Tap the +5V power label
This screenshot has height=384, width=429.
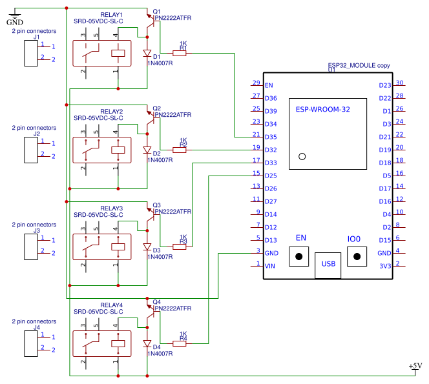(415, 366)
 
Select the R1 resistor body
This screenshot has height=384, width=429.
(179, 54)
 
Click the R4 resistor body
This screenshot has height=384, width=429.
(179, 343)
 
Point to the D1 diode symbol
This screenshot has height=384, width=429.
(147, 54)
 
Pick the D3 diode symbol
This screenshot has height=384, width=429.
(147, 247)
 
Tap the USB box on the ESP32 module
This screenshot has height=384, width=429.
(328, 264)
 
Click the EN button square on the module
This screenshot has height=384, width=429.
(300, 257)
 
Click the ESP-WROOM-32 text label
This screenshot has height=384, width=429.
(322, 110)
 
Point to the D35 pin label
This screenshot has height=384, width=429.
(271, 137)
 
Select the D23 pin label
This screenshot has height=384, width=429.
(385, 85)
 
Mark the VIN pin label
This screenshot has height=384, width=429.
(271, 266)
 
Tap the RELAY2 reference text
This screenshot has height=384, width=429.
(111, 112)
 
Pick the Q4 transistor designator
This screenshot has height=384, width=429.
(157, 301)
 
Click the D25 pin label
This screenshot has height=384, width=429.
(271, 176)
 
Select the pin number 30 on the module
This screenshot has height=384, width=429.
(400, 83)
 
